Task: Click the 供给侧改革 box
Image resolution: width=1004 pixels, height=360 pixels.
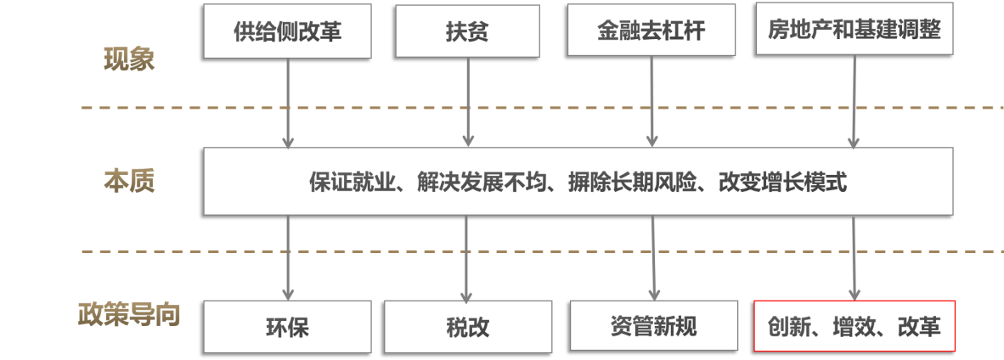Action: coord(288,30)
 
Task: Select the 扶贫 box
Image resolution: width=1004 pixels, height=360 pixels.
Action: coord(467,30)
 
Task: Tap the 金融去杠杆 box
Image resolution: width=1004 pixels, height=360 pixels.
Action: coord(651,30)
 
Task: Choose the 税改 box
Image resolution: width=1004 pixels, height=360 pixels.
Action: coord(467,327)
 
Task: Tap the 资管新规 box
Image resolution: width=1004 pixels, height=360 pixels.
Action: coord(652,325)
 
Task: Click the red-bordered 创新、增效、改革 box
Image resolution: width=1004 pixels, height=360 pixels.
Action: coord(855,326)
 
